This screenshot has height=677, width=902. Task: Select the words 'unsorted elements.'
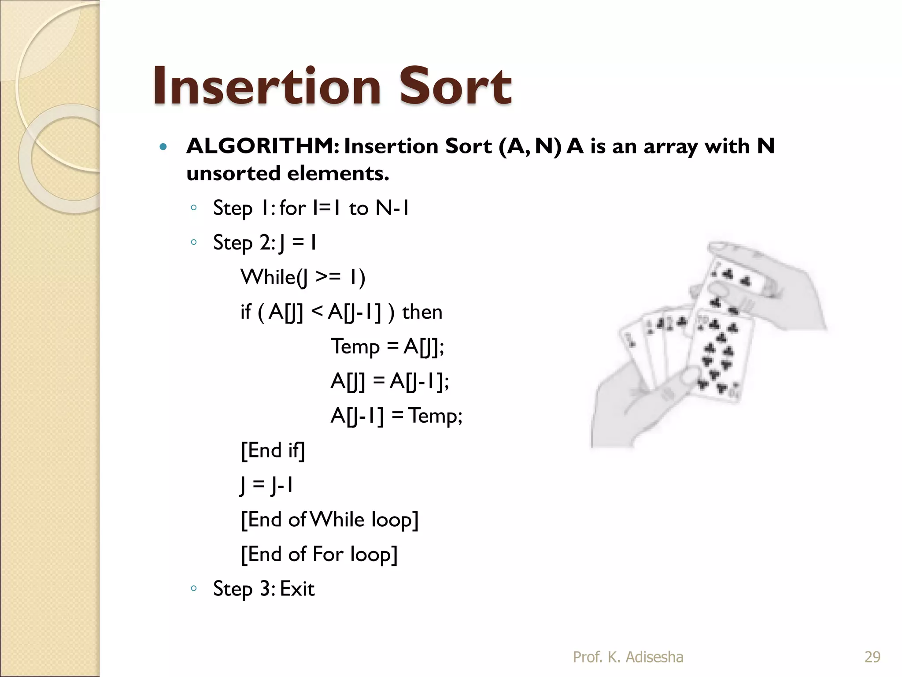[x=288, y=173]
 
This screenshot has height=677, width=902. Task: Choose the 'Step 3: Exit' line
[x=264, y=589]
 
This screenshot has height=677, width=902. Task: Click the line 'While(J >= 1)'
[x=303, y=278]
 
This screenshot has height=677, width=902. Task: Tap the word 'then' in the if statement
[x=422, y=312]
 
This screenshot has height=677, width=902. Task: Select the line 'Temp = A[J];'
[x=388, y=346]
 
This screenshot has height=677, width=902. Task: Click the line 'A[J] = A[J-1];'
[x=390, y=381]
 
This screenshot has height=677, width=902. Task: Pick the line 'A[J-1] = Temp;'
[x=396, y=416]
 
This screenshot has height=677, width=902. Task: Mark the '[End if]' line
[x=273, y=450]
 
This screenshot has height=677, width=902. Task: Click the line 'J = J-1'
[x=267, y=485]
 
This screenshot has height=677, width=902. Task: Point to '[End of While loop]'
[x=329, y=520]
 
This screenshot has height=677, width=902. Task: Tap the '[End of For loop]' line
[x=319, y=554]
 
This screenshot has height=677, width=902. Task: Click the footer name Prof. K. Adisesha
[x=628, y=657]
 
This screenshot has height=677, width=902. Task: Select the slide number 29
[x=872, y=657]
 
